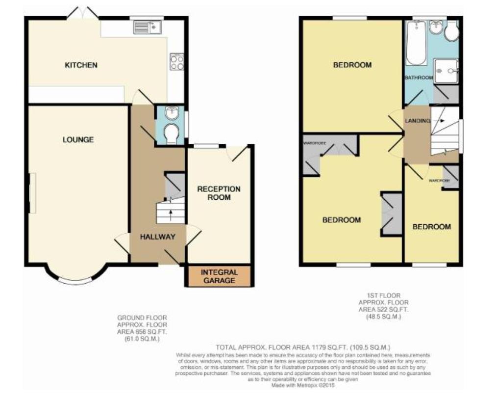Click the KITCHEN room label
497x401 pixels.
pos(81,65)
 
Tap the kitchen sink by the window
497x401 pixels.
pos(147,27)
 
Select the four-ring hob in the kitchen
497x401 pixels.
pos(176,61)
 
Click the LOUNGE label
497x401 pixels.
pos(78,140)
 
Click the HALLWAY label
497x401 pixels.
pos(157,237)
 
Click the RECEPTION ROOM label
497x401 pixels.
pos(219,193)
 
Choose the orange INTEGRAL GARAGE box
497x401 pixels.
pos(219,276)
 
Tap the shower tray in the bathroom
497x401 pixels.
pos(446,71)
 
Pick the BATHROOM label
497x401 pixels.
pos(418,78)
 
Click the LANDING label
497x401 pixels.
pos(417,121)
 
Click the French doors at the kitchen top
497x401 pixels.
pos(82,14)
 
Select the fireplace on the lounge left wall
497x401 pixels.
pos(32,193)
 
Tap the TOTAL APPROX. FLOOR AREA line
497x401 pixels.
pos(302,347)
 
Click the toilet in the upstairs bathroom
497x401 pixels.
pos(451,32)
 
